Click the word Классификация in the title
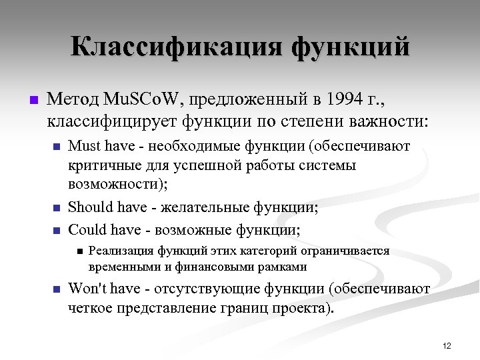(175, 47)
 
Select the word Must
(84, 146)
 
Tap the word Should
(89, 207)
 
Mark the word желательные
(194, 207)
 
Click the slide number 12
(447, 345)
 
